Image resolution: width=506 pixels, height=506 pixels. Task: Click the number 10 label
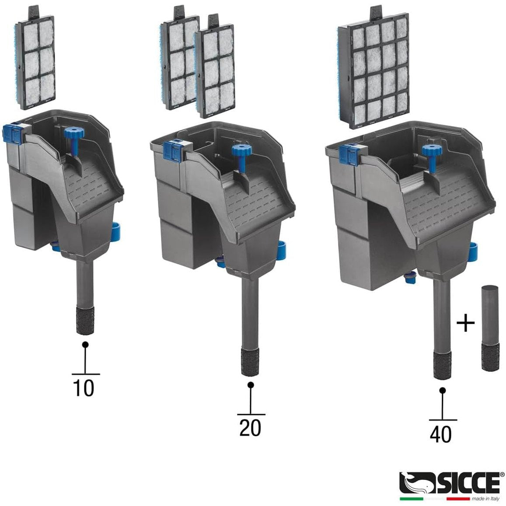tap(84, 388)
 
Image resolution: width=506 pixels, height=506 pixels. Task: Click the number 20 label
tap(250, 428)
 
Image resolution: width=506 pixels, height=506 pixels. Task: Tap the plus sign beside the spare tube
tap(465, 324)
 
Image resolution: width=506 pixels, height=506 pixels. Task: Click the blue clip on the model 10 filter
tap(14, 135)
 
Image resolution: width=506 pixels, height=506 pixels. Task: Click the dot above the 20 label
tap(251, 385)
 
